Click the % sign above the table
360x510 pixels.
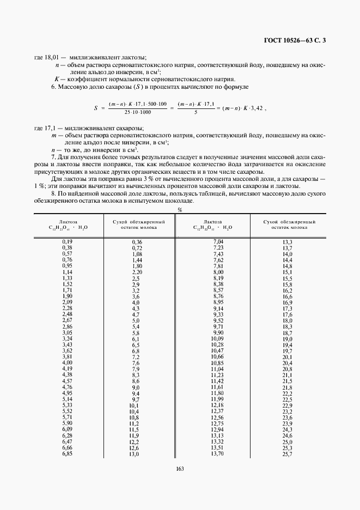click(x=180, y=210)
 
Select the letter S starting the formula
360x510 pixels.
click(x=95, y=108)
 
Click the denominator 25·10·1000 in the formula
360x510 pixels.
click(x=137, y=112)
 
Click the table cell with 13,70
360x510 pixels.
click(x=217, y=454)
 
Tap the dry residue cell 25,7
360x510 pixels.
click(x=287, y=454)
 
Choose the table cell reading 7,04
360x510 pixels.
click(x=217, y=241)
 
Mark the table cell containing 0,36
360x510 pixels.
click(x=137, y=241)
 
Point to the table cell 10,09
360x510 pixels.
click(x=217, y=339)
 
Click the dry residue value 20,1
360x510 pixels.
click(x=287, y=357)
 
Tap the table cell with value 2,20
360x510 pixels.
click(x=137, y=272)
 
